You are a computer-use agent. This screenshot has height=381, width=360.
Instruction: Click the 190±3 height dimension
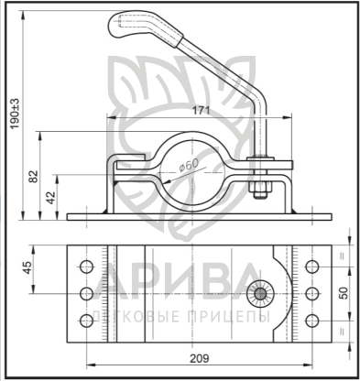(15, 114)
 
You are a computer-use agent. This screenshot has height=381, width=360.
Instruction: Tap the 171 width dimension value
(201, 111)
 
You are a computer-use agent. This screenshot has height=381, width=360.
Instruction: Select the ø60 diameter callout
(189, 166)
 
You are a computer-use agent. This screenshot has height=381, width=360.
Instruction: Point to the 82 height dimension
(34, 176)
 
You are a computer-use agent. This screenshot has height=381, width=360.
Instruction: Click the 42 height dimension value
(51, 198)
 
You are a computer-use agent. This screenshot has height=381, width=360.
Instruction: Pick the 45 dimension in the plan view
(27, 267)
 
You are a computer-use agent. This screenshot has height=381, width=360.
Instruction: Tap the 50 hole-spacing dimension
(344, 293)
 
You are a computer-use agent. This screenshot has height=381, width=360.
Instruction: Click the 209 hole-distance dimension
(200, 358)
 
